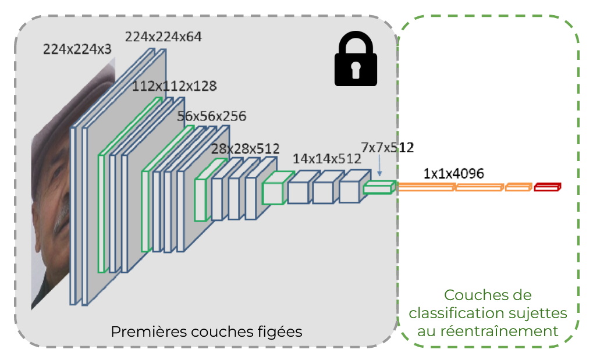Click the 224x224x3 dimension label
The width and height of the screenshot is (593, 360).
[77, 50]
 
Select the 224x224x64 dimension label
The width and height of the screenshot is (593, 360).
[164, 37]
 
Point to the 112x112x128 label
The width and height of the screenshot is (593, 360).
[175, 87]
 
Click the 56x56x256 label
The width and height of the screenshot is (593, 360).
[212, 116]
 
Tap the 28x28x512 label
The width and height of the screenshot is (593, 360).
[245, 149]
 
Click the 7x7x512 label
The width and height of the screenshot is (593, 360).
[387, 147]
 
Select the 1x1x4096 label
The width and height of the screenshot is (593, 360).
[454, 173]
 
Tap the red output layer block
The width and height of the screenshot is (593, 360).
[547, 187]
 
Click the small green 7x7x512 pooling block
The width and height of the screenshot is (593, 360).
[379, 187]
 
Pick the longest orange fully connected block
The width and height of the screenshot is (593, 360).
[426, 187]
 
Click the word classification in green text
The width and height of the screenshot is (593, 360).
[448, 313]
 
